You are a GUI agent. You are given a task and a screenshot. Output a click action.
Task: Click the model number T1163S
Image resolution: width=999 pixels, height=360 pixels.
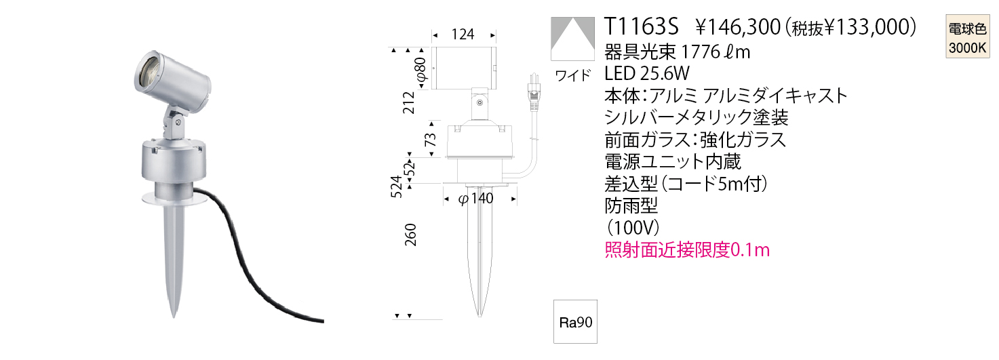pyautogui.click(x=640, y=26)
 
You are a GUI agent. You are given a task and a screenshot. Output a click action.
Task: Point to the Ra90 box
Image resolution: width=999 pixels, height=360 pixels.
pyautogui.click(x=575, y=322)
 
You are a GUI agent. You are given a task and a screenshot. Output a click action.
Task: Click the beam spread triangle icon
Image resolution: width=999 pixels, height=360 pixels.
pyautogui.click(x=572, y=39)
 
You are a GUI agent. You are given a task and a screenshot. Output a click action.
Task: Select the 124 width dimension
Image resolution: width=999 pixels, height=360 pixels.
pyautogui.click(x=463, y=35)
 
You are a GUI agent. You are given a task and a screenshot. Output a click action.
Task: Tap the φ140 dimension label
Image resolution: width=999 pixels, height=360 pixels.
pyautogui.click(x=475, y=198)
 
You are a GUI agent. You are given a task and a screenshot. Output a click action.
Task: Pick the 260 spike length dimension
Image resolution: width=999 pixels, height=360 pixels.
pyautogui.click(x=410, y=235)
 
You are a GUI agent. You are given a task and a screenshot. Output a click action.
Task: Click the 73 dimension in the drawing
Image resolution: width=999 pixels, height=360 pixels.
pyautogui.click(x=430, y=140)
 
